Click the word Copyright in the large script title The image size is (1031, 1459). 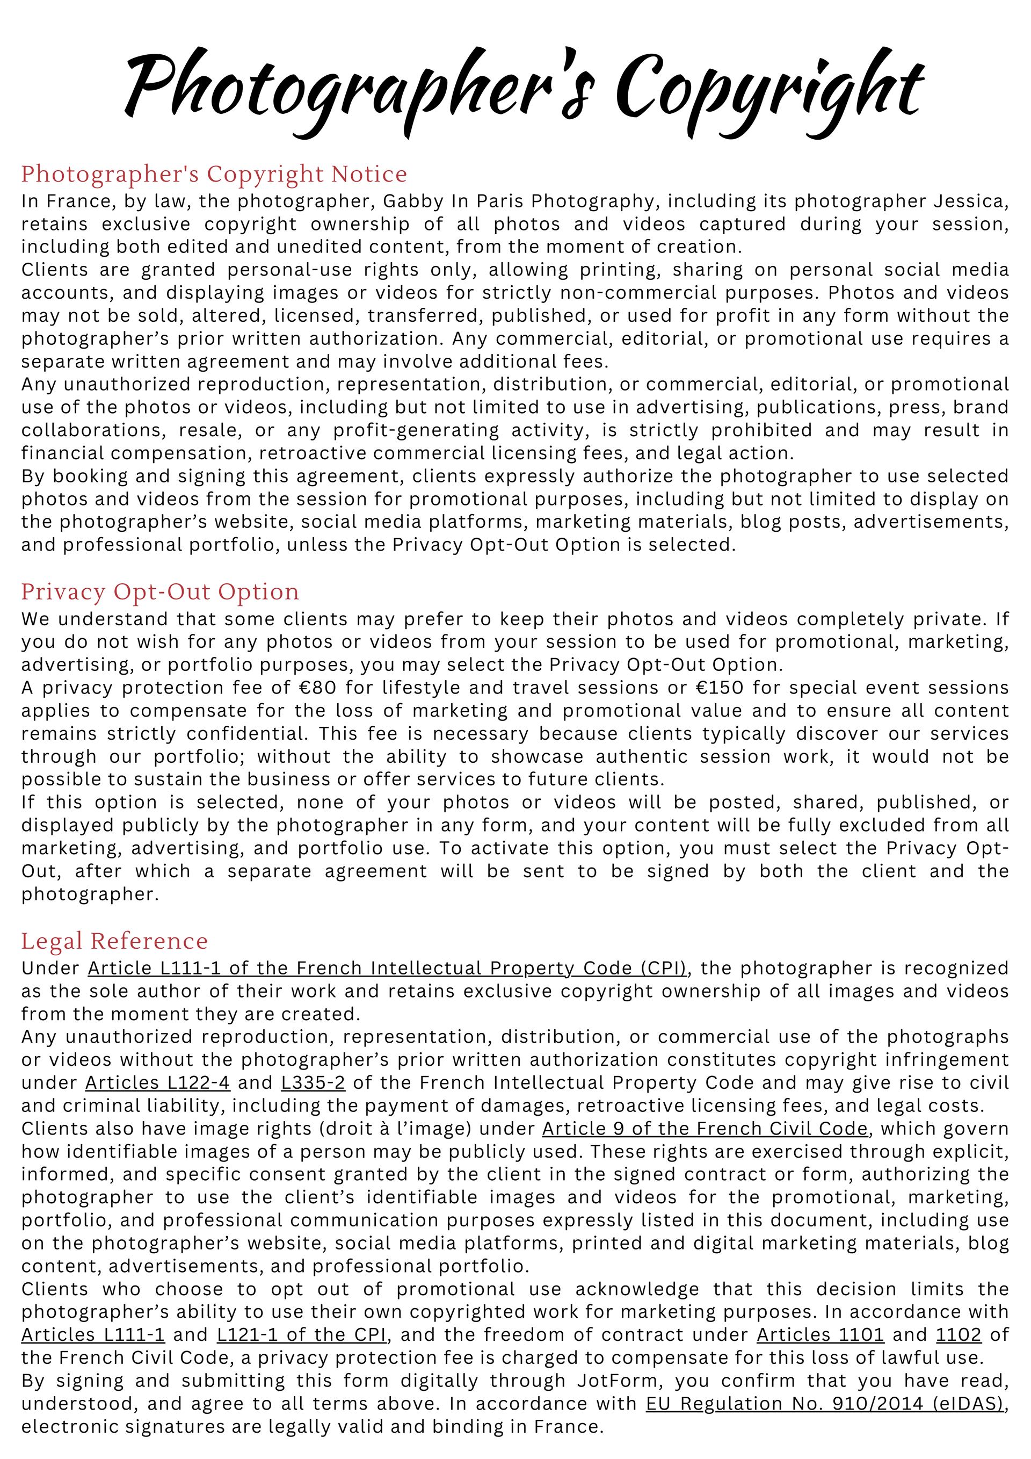[x=768, y=89]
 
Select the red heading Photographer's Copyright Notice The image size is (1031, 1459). [x=214, y=174]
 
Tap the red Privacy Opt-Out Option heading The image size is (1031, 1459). [x=160, y=591]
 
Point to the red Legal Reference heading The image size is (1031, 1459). [x=114, y=941]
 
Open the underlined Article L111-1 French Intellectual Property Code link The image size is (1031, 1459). [x=388, y=969]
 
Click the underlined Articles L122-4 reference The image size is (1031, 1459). [x=157, y=1083]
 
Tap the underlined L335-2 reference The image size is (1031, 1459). [x=313, y=1083]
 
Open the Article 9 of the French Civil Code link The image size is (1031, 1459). [x=705, y=1129]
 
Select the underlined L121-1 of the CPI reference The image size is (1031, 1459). [x=302, y=1335]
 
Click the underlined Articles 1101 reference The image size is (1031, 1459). [x=820, y=1335]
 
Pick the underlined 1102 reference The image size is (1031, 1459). [x=959, y=1335]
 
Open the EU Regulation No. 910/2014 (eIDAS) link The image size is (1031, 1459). [x=826, y=1404]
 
